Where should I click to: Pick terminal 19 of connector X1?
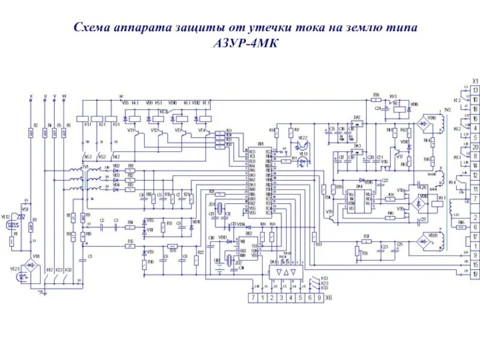click(x=475, y=273)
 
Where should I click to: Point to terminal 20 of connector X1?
click(x=475, y=147)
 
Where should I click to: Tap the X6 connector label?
click(x=328, y=298)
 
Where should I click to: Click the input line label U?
click(x=45, y=96)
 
